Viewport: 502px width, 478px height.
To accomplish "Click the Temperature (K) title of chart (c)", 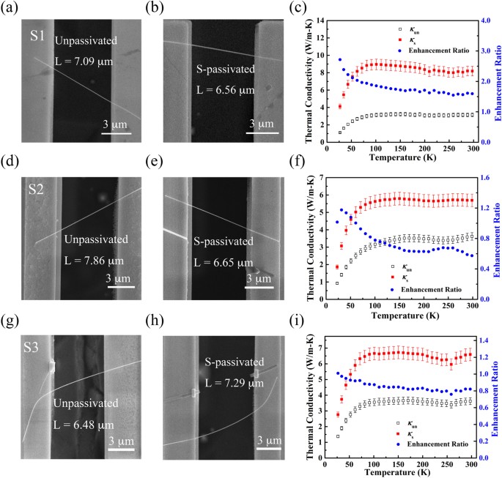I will click(x=399, y=157).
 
